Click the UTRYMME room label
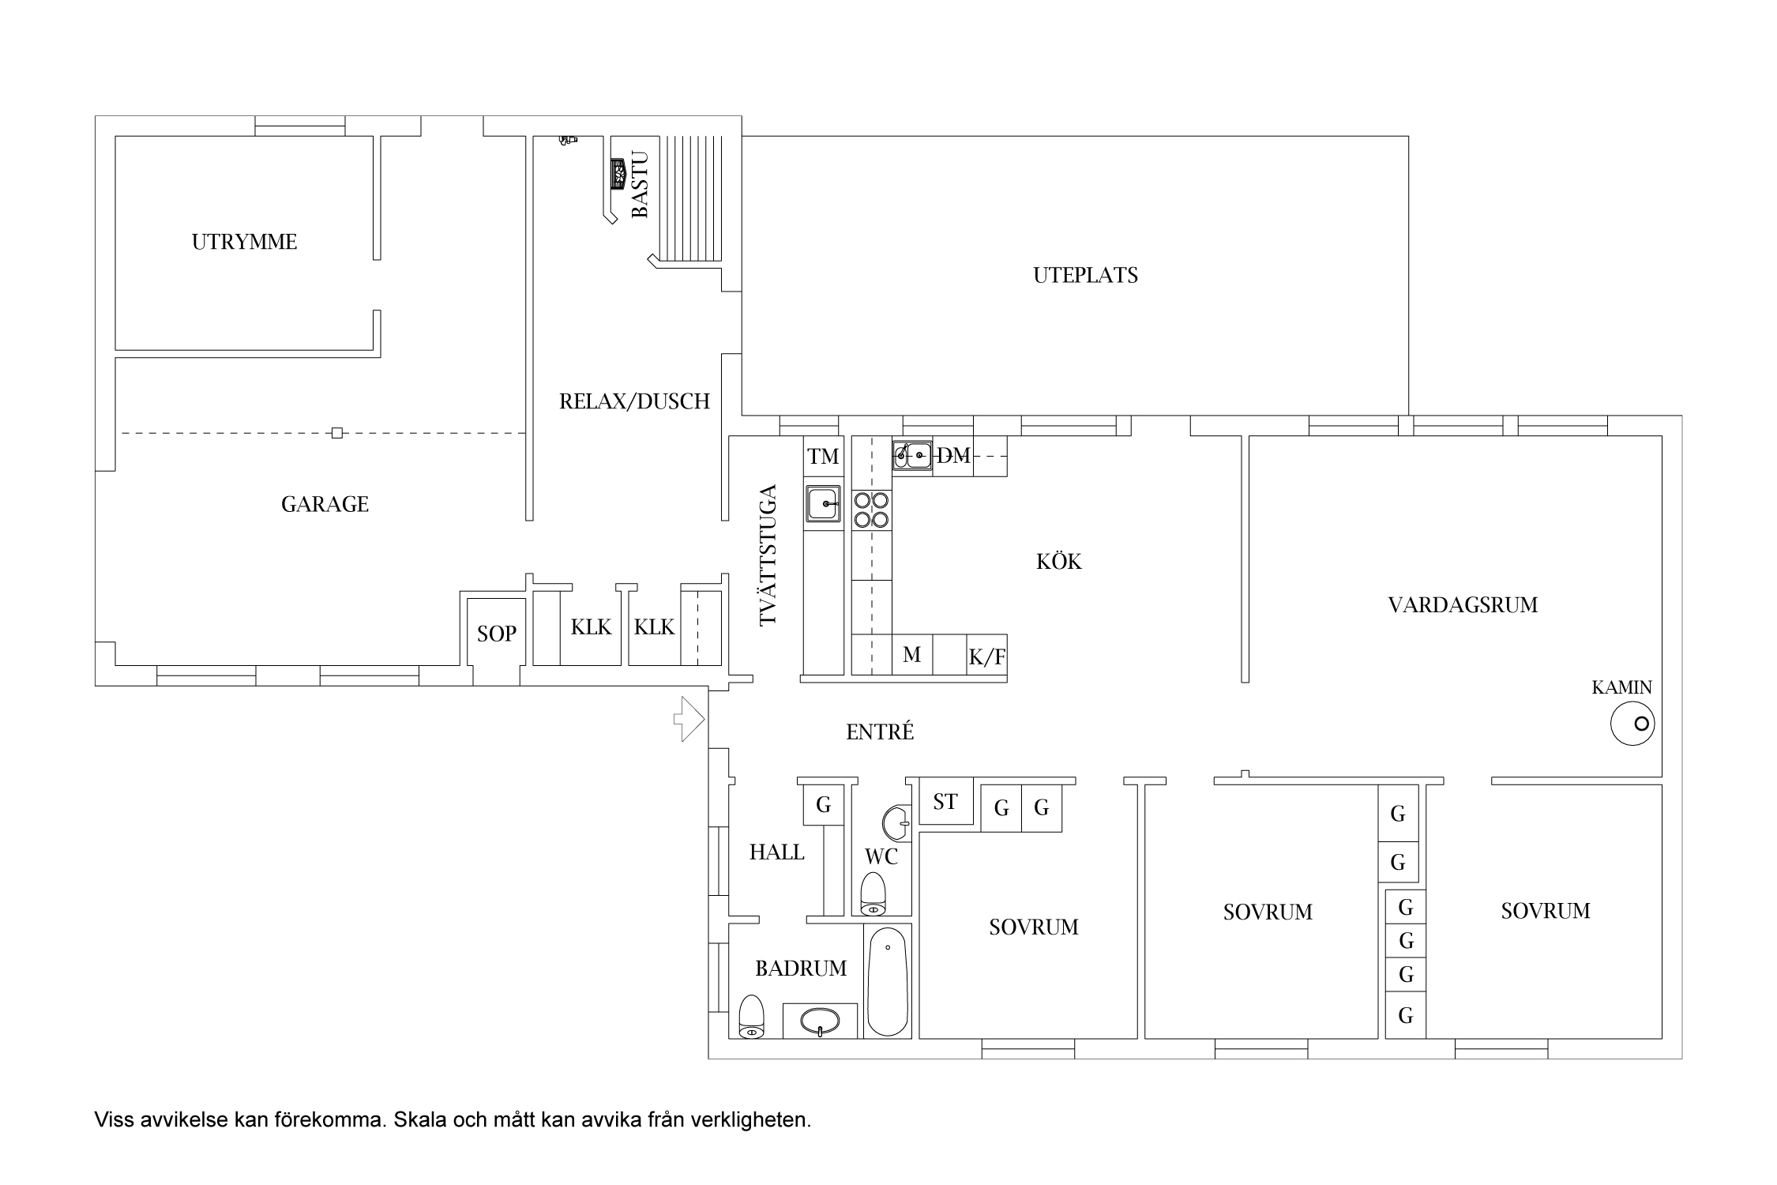click(244, 242)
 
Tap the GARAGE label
click(325, 504)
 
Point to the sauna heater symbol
click(618, 174)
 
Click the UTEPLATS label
click(1085, 276)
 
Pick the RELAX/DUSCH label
click(634, 401)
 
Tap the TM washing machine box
click(824, 456)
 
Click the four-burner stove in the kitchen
click(871, 510)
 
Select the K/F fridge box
click(986, 655)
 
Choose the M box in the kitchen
click(912, 655)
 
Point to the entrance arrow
click(688, 719)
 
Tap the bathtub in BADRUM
click(888, 980)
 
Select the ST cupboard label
click(945, 803)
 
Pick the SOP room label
click(497, 634)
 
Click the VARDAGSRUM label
click(1463, 605)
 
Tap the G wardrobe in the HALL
click(824, 805)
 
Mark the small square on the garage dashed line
click(337, 433)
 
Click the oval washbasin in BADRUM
click(820, 1021)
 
